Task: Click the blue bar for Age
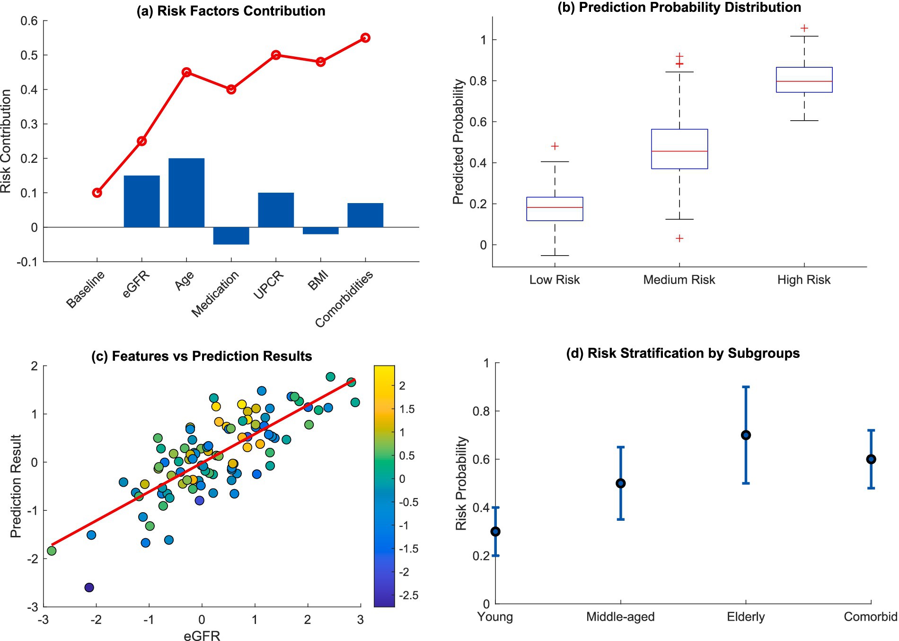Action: (186, 193)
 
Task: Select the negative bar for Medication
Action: (231, 236)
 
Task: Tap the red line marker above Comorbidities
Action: (365, 38)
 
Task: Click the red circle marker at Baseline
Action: (97, 193)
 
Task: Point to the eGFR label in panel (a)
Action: (136, 285)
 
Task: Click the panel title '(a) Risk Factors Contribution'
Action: (231, 11)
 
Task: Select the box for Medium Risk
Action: (679, 149)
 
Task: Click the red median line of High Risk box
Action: (804, 81)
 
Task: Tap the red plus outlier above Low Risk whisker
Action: (555, 146)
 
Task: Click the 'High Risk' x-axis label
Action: (803, 280)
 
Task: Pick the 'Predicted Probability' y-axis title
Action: (458, 142)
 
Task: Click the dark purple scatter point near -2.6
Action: (89, 588)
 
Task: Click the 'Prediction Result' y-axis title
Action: (16, 486)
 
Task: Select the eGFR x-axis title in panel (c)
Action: (202, 636)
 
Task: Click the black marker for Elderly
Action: (746, 435)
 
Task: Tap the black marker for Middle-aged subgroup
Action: (621, 483)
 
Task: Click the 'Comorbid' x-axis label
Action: (871, 617)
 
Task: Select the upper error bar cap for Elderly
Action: (746, 387)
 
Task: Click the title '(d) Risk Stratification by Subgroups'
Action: (683, 353)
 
